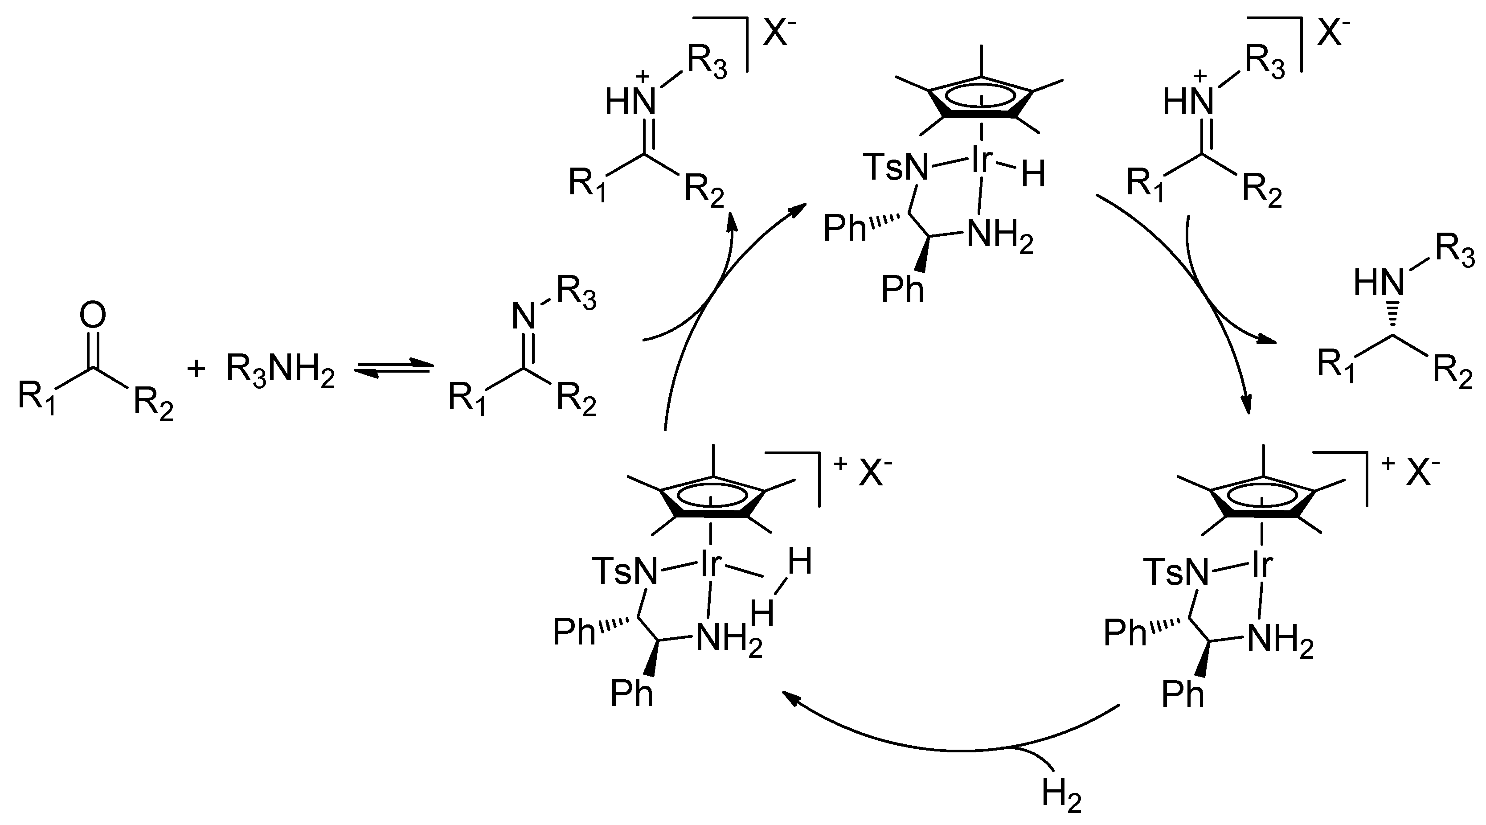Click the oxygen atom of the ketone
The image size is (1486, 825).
(x=93, y=316)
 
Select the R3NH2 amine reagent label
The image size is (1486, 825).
(x=280, y=370)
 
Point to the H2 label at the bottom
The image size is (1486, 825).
(x=1061, y=794)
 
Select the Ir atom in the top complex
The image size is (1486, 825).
(x=982, y=161)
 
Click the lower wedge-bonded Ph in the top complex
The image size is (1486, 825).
(x=902, y=288)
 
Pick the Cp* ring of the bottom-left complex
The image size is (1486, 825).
(x=713, y=496)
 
